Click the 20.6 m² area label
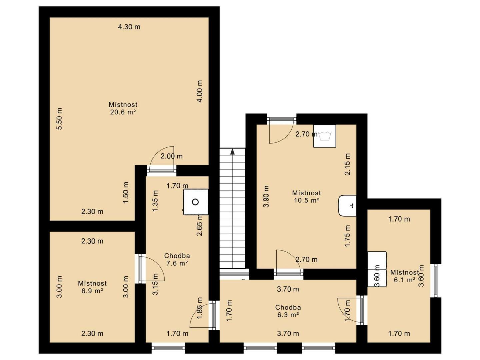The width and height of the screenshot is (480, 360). click(123, 112)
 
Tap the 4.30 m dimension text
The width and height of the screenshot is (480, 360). click(129, 27)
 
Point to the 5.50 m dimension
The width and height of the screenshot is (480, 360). click(59, 119)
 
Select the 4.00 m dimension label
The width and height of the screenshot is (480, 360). click(199, 91)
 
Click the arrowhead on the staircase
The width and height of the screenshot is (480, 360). click(232, 151)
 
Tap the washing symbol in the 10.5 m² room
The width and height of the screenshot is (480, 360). click(324, 136)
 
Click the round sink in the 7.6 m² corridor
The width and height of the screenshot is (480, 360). click(195, 202)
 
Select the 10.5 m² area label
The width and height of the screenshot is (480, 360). click(306, 200)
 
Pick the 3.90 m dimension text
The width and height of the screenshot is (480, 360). click(266, 196)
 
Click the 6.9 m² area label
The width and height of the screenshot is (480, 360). click(92, 291)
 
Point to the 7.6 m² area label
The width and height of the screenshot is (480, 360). click(177, 263)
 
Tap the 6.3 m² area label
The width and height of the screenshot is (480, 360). click(288, 315)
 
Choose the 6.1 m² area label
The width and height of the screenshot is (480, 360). click(405, 280)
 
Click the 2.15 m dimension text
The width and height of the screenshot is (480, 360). click(347, 164)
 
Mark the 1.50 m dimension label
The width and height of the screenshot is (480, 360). click(126, 193)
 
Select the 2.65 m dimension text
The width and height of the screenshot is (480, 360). click(199, 225)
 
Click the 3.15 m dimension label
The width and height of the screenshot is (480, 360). click(155, 284)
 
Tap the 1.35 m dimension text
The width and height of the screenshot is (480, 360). click(155, 201)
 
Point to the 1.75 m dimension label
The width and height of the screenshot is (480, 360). click(347, 236)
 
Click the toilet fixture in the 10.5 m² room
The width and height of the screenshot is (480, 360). click(347, 205)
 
